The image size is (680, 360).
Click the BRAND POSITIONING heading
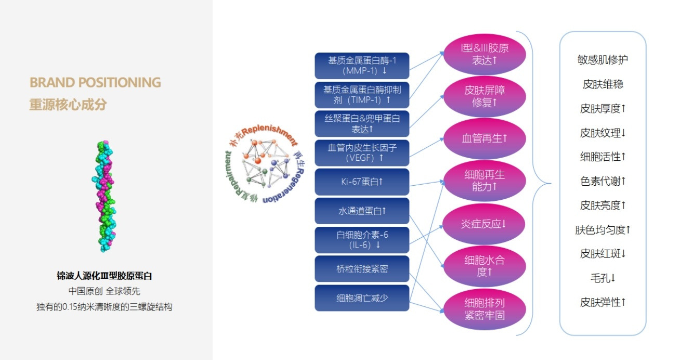95,83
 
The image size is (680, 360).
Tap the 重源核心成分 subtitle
68,104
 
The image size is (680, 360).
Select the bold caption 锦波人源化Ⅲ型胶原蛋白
104,276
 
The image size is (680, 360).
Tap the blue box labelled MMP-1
362,66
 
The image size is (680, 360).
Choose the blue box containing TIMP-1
362,95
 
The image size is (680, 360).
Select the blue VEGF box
362,152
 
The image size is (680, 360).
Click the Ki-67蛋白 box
362,182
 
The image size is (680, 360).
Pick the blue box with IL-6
362,240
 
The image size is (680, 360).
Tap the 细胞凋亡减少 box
362,298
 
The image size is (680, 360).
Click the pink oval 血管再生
485,139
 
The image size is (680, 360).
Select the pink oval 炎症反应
485,224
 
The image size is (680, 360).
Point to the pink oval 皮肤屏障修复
485,96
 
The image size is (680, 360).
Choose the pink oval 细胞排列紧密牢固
485,309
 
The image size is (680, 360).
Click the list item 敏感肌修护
603,60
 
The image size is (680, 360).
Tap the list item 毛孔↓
603,278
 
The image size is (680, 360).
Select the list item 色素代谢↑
603,181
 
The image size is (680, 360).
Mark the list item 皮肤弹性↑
603,302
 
